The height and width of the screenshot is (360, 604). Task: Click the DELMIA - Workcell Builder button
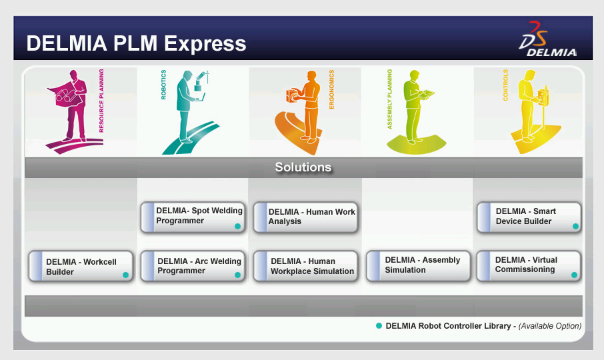[81, 267]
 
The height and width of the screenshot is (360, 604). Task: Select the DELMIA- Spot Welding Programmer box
[193, 217]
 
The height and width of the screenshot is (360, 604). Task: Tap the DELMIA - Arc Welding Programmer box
[193, 266]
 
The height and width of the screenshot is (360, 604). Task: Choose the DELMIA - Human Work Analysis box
[306, 217]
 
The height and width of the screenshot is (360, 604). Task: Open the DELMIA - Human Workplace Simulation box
[306, 266]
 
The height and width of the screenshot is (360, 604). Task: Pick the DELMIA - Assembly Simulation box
[418, 266]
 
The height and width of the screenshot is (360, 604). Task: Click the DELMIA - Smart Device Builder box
[529, 217]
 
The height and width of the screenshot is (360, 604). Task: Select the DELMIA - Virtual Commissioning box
[529, 266]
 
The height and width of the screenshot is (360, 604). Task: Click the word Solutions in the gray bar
[303, 167]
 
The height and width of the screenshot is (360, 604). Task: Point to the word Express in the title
[205, 43]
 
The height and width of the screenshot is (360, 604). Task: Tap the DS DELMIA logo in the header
[547, 39]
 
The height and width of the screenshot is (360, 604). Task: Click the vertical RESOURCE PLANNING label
[101, 101]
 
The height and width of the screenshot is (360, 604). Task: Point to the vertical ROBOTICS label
[163, 85]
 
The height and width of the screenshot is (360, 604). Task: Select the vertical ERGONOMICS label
[331, 89]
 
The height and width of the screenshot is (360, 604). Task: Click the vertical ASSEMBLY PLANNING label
[389, 99]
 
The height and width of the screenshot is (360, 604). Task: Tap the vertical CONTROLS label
[505, 85]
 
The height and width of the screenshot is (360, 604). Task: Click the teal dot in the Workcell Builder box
[125, 275]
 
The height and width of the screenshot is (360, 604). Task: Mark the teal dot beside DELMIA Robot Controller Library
[379, 326]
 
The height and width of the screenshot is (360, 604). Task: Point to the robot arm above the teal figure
[201, 81]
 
